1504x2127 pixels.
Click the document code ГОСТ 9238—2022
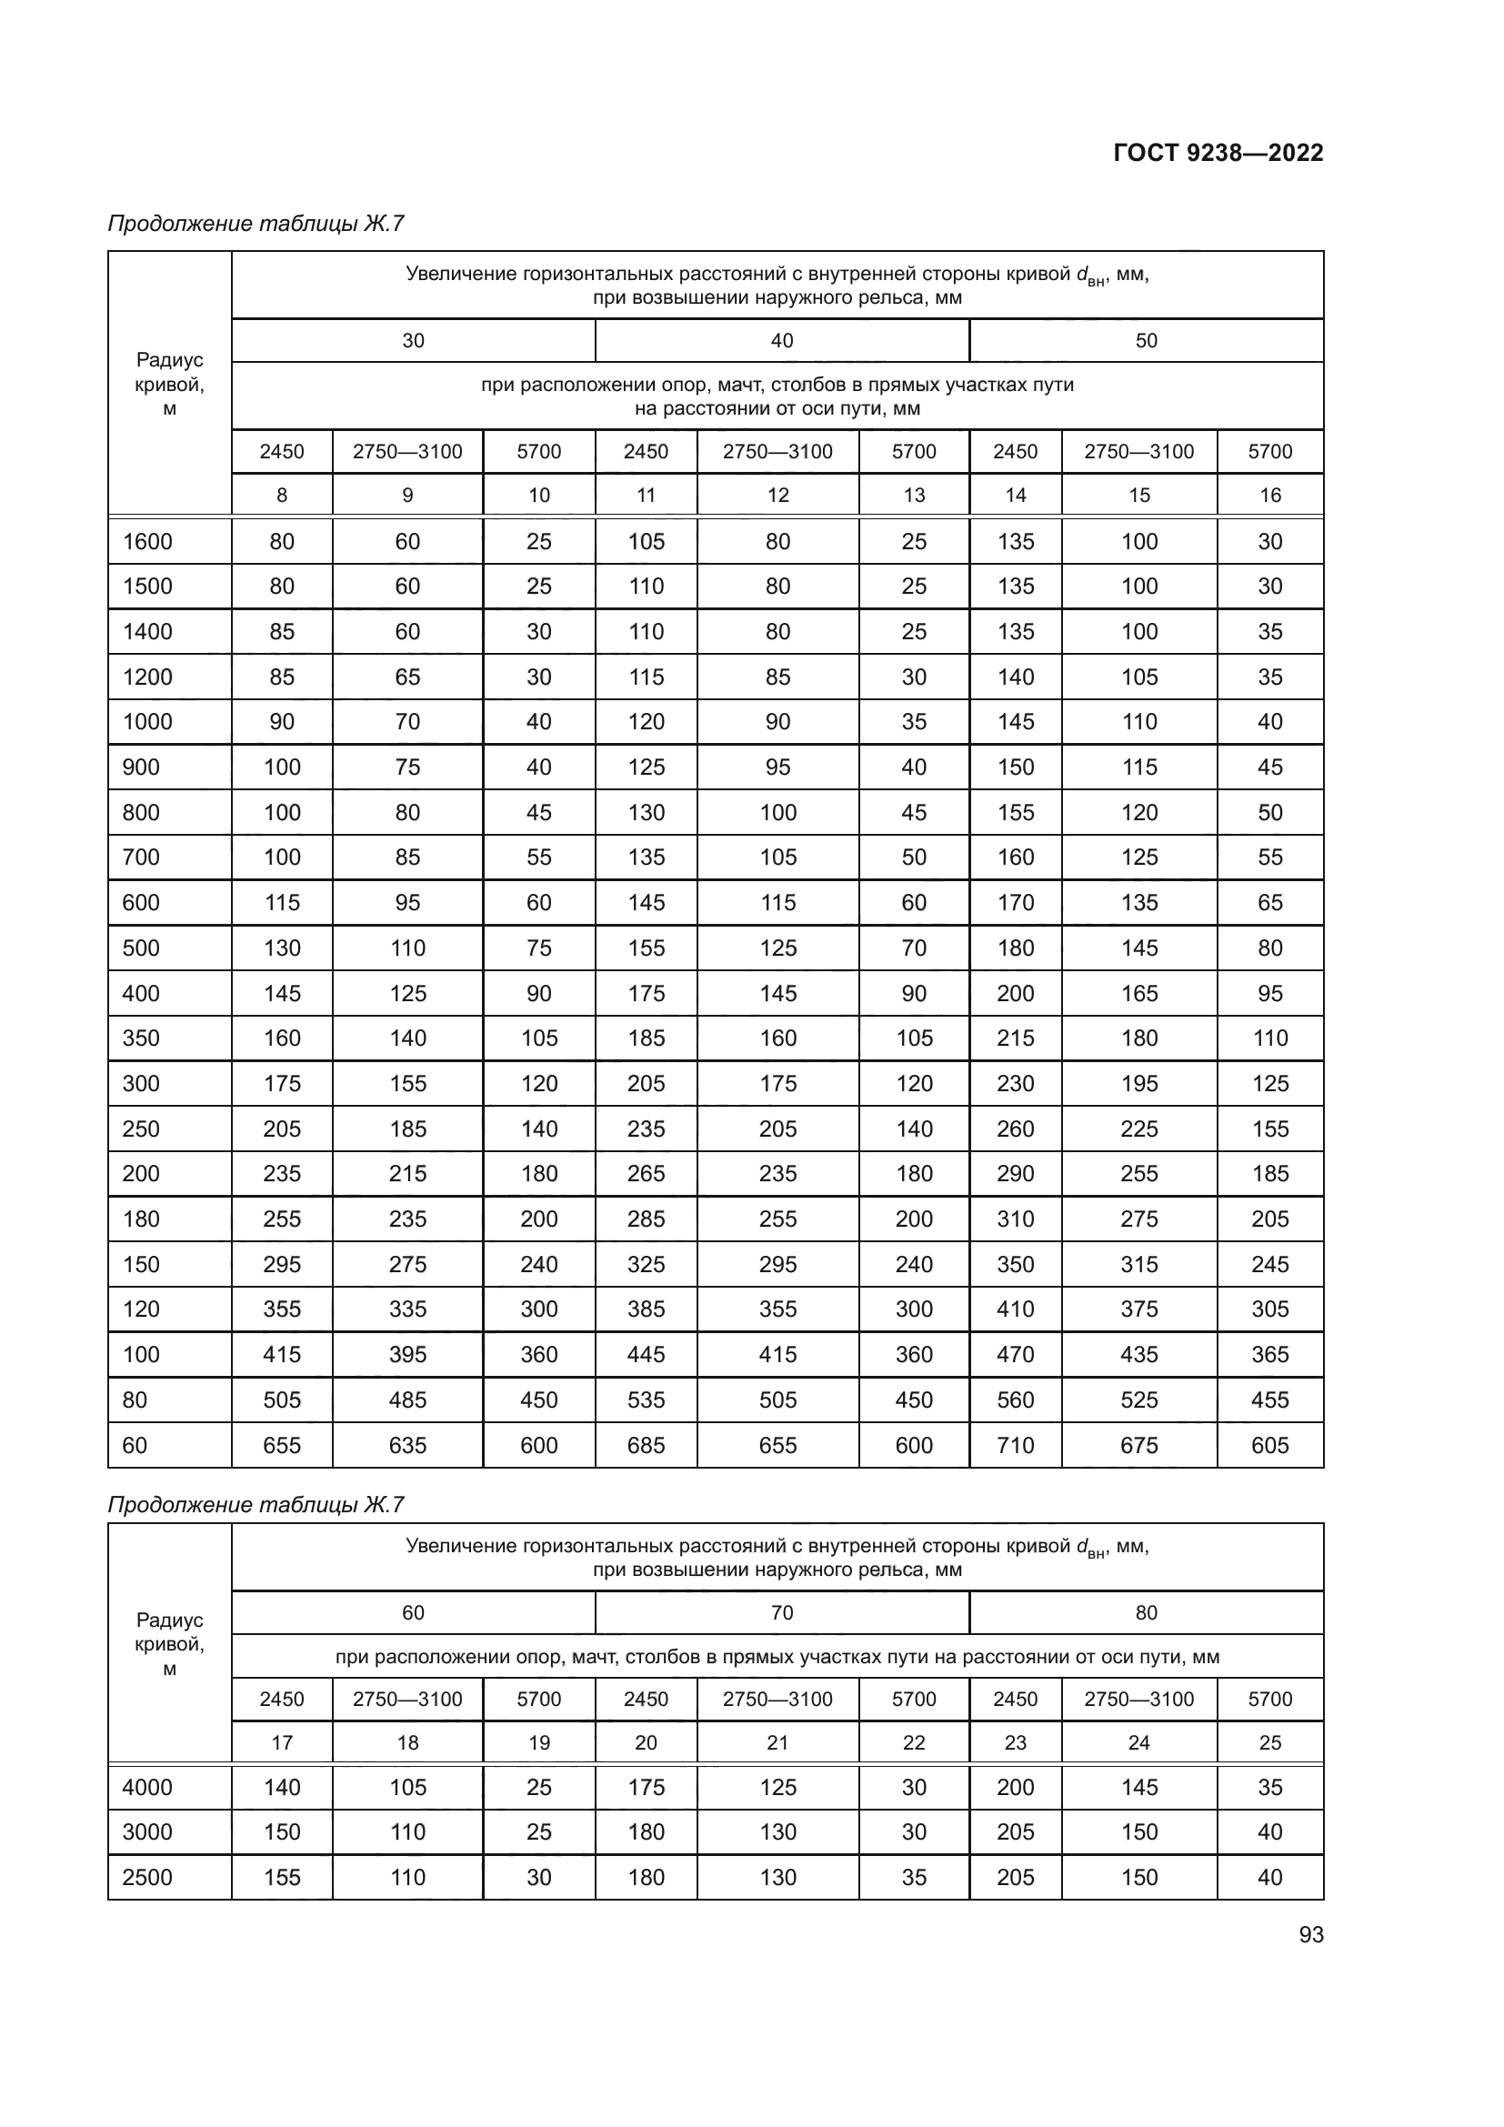click(1217, 153)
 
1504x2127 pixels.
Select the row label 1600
click(147, 542)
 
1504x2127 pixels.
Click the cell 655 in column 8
click(282, 1445)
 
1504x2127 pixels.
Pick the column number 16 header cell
click(1268, 496)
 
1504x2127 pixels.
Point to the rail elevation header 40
click(782, 341)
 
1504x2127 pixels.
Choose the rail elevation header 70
click(782, 1613)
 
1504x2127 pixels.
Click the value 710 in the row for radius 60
click(1015, 1445)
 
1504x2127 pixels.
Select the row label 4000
click(147, 1787)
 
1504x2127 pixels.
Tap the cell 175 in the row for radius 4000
click(646, 1787)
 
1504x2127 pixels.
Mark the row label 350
click(141, 1038)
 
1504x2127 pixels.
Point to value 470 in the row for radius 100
click(1015, 1354)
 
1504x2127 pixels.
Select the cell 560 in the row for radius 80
click(1015, 1400)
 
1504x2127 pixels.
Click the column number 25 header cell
click(1268, 1742)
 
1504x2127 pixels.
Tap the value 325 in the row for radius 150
click(646, 1265)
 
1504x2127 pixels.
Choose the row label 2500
click(147, 1877)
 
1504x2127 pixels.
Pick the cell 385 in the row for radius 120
click(646, 1309)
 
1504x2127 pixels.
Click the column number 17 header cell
click(282, 1742)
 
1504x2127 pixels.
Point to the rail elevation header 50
click(1146, 341)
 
